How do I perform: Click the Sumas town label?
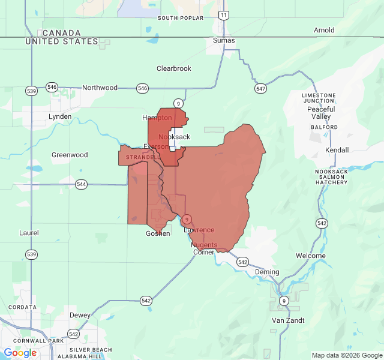tap(224, 41)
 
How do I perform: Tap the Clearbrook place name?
tap(174, 68)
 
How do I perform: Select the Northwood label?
tap(100, 88)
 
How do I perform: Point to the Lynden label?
tap(60, 116)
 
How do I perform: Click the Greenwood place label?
tap(70, 155)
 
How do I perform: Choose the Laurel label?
tap(29, 233)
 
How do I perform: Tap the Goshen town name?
tap(158, 233)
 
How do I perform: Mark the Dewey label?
tap(80, 315)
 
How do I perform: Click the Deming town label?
tap(267, 272)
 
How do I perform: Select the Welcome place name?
tap(311, 256)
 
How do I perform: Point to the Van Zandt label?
tap(288, 320)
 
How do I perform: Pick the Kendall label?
tap(336, 149)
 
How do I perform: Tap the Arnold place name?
tap(324, 30)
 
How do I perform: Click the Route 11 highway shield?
tap(223, 14)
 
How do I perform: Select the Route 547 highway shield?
tap(260, 88)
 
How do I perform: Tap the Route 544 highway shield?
tap(82, 184)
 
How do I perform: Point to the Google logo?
tap(20, 353)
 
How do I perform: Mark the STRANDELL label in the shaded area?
tap(143, 157)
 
